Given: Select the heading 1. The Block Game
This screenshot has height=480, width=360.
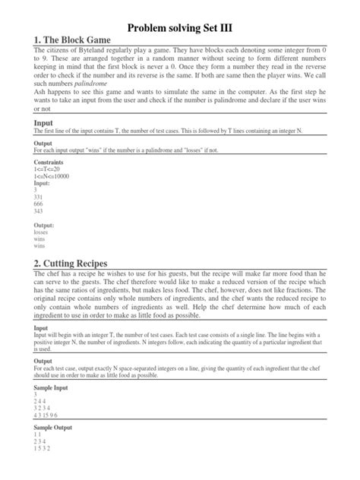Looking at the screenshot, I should [x=73, y=39].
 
